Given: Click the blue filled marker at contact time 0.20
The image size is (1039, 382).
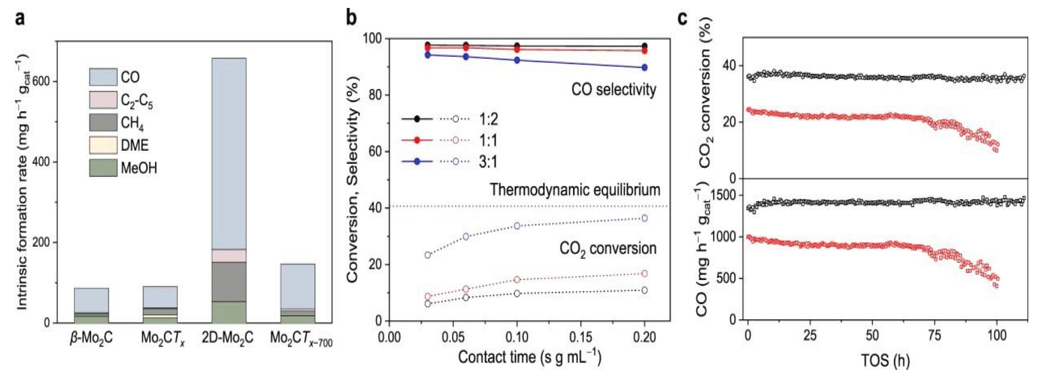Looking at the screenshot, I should (x=644, y=67).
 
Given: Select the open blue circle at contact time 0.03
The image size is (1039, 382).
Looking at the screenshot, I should (x=428, y=255).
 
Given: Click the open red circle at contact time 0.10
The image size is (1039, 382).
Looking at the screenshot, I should (x=517, y=279).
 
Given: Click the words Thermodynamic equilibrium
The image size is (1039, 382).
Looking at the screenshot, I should (x=574, y=189).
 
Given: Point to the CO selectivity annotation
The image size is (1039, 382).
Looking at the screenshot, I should (x=613, y=90).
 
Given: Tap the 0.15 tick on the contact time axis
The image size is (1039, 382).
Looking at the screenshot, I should (x=580, y=337).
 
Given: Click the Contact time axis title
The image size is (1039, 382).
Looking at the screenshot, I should (x=529, y=358).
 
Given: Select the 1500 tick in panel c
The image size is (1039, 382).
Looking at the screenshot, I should (x=726, y=195).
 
